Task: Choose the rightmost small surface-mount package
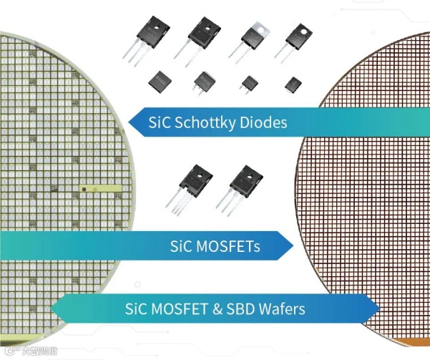pyautogui.click(x=291, y=83)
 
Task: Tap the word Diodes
pyautogui.click(x=265, y=122)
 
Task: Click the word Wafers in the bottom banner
pyautogui.click(x=281, y=309)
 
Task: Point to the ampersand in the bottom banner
pyautogui.click(x=213, y=309)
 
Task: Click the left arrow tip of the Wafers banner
pyautogui.click(x=50, y=308)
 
